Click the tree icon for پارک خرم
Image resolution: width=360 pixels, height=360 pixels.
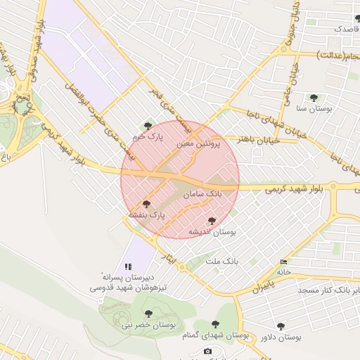click(x=148, y=126)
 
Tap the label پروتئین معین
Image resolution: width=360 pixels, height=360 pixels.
click(x=198, y=143)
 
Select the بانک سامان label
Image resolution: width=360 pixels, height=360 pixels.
click(x=202, y=192)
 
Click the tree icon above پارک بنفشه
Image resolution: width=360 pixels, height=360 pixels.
click(x=146, y=204)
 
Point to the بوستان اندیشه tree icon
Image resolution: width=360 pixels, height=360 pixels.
click(x=212, y=221)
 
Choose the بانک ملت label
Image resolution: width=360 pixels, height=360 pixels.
click(x=222, y=261)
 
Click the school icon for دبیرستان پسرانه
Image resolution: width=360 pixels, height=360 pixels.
click(x=128, y=266)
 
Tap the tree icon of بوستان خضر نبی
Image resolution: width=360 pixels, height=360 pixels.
click(x=148, y=314)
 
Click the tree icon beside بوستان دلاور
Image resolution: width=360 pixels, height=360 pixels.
click(x=281, y=326)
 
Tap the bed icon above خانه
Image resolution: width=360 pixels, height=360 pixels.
click(x=283, y=262)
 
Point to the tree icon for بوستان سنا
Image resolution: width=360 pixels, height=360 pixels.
click(x=313, y=98)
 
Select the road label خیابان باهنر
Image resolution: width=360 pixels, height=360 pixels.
click(x=258, y=141)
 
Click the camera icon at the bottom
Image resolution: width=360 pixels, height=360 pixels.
click(x=207, y=352)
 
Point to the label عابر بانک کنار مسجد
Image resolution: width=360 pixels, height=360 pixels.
click(x=327, y=290)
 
